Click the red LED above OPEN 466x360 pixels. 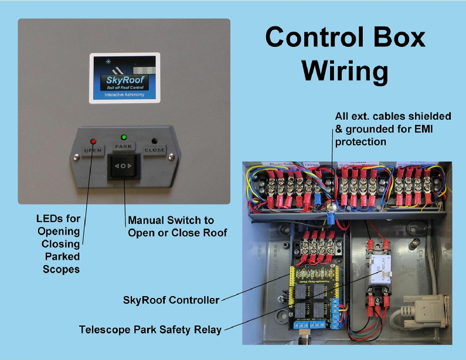click(x=92, y=141)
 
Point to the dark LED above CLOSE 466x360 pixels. click(x=155, y=141)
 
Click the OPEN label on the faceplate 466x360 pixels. click(x=93, y=150)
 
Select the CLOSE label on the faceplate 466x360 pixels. click(x=155, y=150)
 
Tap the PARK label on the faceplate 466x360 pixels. click(x=123, y=145)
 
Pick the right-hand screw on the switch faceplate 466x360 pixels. click(x=171, y=157)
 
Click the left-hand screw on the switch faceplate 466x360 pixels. click(x=76, y=157)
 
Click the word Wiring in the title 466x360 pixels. click(x=345, y=71)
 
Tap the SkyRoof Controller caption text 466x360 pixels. click(x=171, y=300)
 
